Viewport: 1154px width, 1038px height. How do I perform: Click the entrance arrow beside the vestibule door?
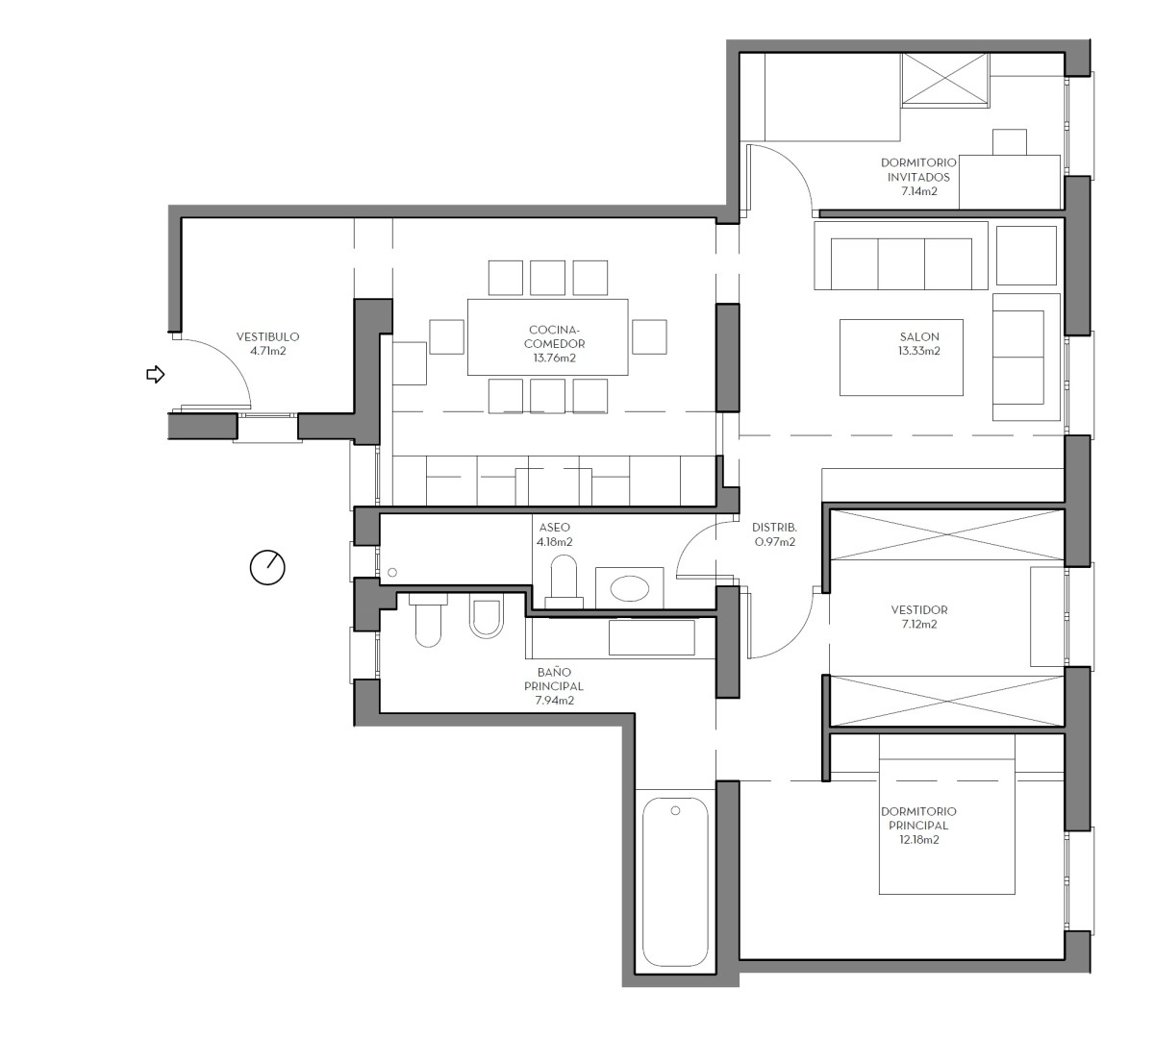click(155, 374)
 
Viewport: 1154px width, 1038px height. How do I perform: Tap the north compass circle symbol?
click(267, 567)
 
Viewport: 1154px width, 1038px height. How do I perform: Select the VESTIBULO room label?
click(267, 337)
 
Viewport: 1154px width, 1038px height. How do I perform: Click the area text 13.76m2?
click(554, 358)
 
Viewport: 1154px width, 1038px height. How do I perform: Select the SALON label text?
click(919, 336)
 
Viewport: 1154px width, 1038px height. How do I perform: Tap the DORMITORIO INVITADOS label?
click(918, 170)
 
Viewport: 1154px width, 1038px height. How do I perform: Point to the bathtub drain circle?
click(675, 811)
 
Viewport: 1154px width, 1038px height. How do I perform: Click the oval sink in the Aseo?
click(630, 587)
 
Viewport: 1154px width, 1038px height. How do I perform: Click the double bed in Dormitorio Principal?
click(947, 827)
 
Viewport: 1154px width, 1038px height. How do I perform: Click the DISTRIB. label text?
click(774, 527)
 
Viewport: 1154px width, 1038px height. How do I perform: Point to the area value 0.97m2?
click(774, 541)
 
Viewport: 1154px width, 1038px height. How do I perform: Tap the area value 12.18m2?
click(918, 839)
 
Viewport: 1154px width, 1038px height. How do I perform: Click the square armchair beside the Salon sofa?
click(1027, 255)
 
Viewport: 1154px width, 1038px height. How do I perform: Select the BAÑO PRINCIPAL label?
click(554, 680)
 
